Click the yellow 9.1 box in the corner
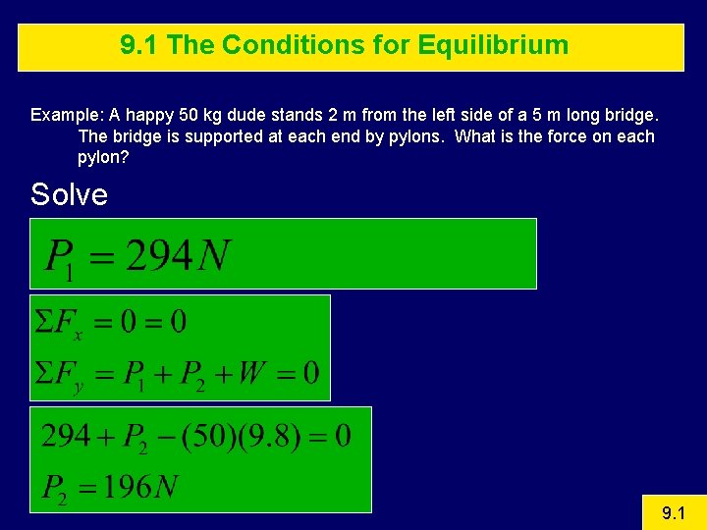point(674,512)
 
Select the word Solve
point(69,194)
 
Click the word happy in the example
point(136,114)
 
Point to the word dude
point(234,114)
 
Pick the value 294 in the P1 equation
point(158,256)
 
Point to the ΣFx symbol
point(58,323)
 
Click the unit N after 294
point(213,256)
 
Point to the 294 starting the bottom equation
point(66,435)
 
